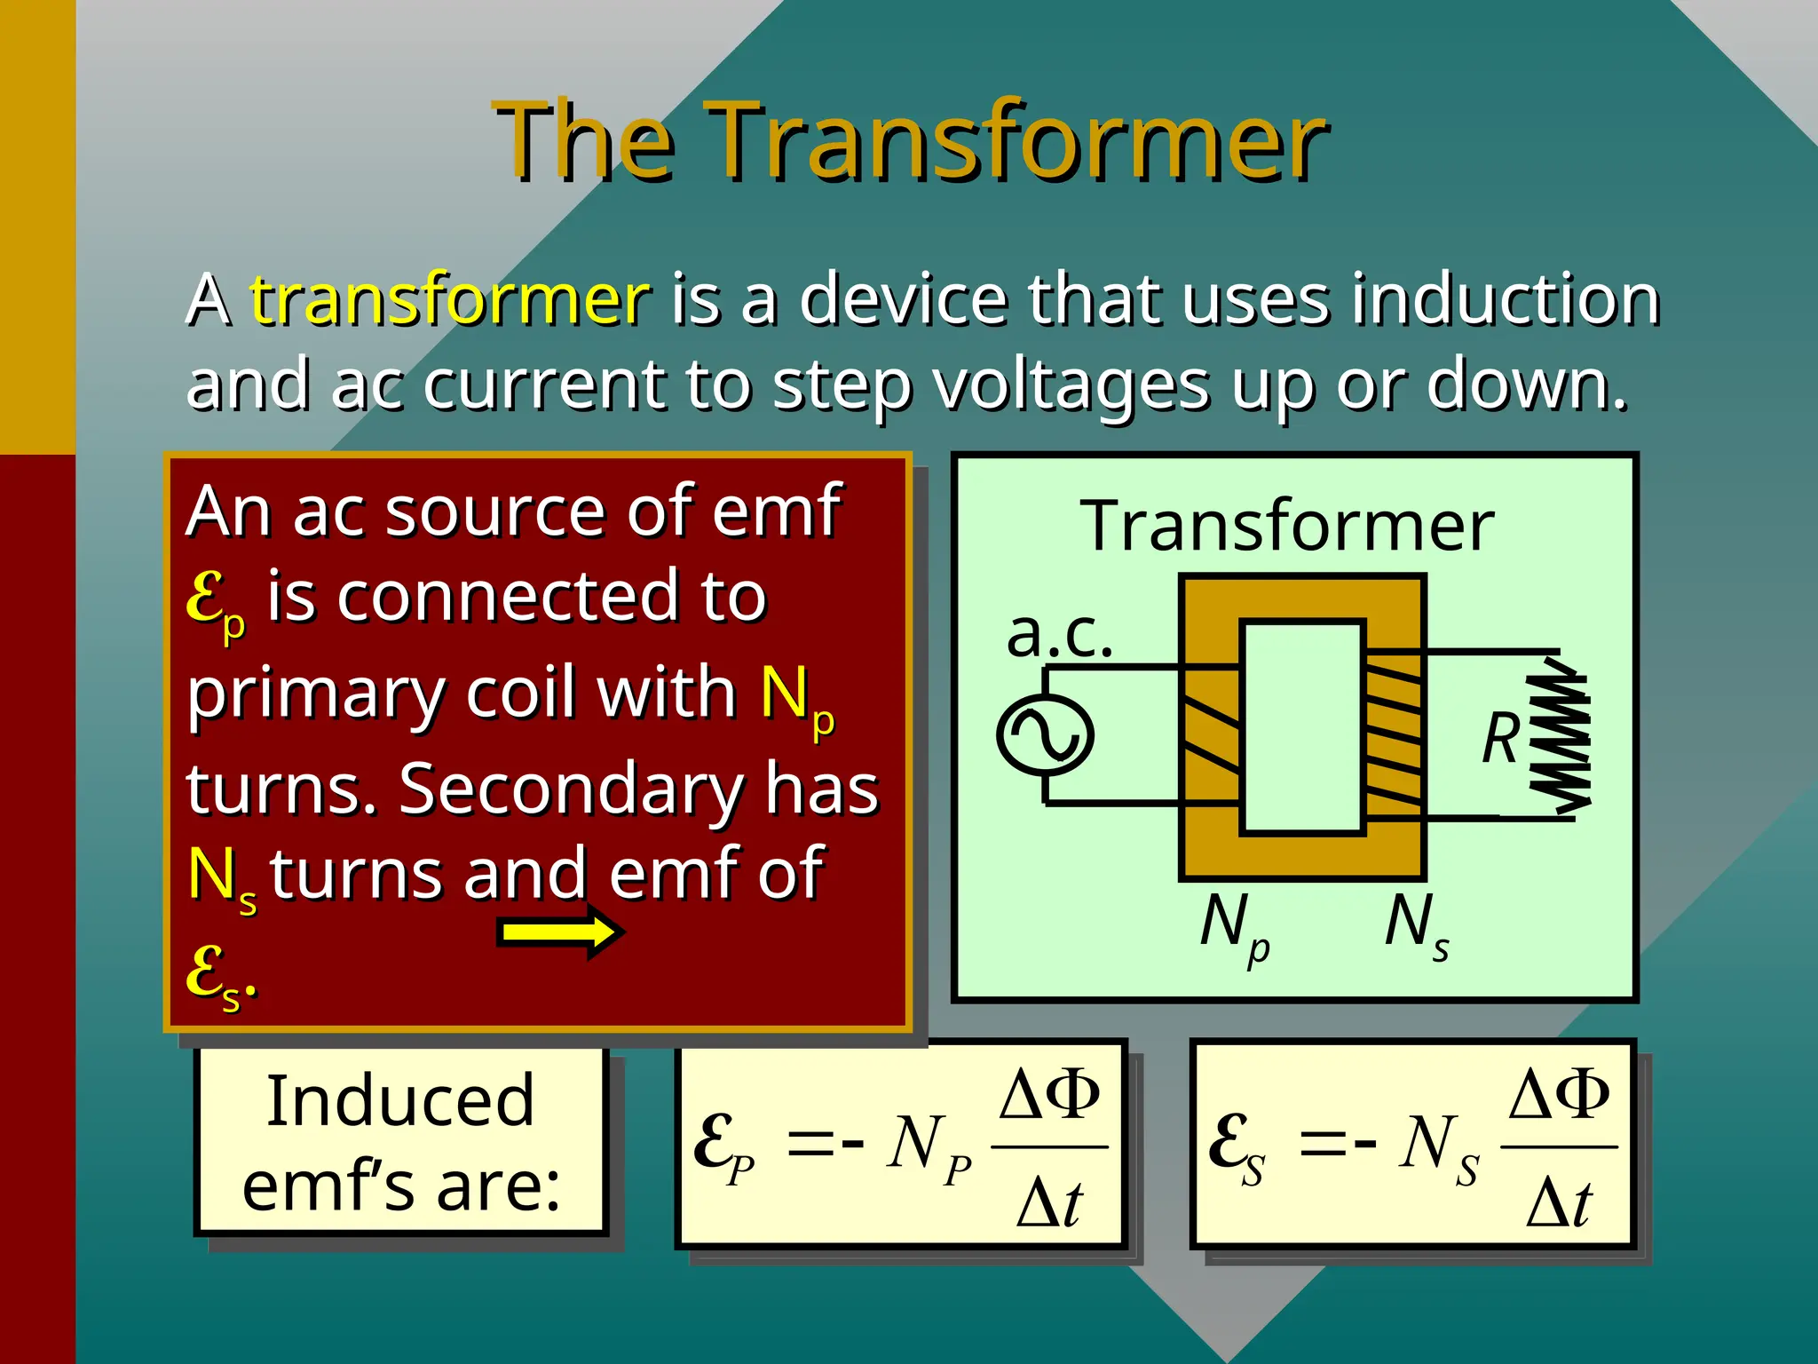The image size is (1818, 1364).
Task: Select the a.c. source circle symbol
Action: [x=1045, y=735]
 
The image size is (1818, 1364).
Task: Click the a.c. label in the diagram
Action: [x=1059, y=634]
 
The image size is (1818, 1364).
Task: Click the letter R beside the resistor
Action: [x=1501, y=738]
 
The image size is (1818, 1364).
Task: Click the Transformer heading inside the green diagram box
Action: [x=1287, y=526]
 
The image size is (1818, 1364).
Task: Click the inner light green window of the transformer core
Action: [x=1301, y=728]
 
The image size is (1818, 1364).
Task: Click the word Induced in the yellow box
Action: [x=400, y=1101]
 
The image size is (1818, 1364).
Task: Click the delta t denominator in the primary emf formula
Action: [x=1049, y=1203]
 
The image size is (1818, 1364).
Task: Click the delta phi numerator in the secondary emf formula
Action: [x=1559, y=1094]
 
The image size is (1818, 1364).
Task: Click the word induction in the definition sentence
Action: [x=1506, y=299]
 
